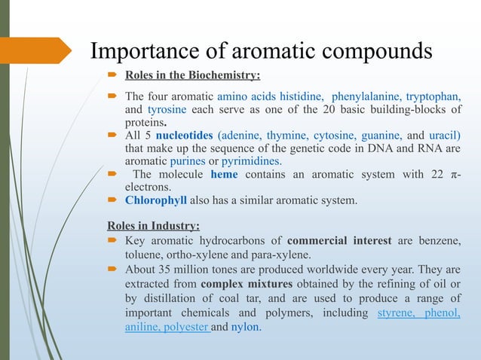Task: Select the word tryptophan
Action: click(434, 97)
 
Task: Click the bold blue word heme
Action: click(225, 175)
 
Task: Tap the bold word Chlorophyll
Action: click(152, 201)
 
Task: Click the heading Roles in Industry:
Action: click(154, 226)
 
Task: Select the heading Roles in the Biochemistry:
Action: click(192, 75)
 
